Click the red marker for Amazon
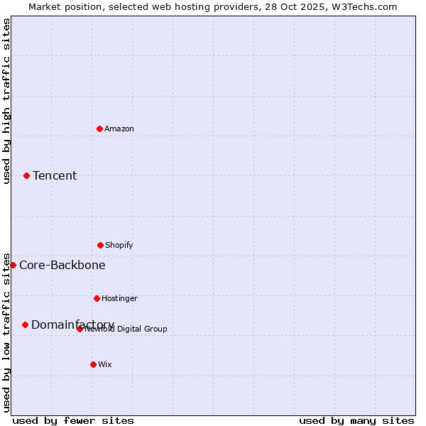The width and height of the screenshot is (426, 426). coord(99,129)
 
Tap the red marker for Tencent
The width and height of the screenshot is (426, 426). coord(26,175)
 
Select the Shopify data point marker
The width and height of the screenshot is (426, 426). coord(100,245)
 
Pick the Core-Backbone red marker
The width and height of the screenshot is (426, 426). coord(13,265)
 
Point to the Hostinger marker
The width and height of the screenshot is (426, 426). coord(97,298)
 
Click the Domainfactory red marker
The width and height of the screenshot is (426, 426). coord(25,324)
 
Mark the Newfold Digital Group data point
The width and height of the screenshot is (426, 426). coord(80,329)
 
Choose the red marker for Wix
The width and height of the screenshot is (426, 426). coord(93,364)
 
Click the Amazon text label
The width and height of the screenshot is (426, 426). coord(119,129)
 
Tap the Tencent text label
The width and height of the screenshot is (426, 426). coord(55,175)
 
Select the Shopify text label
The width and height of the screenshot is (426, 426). coord(119,245)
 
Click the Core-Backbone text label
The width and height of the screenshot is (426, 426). coord(62,265)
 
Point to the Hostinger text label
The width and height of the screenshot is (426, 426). coord(119,298)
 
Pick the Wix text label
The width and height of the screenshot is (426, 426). coord(105,364)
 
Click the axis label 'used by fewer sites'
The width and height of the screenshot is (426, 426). coord(73,420)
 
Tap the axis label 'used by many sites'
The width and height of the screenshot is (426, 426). coord(356,420)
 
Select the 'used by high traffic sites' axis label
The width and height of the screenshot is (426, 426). coord(6,101)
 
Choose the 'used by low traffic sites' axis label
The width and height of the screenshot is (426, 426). coord(6,332)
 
